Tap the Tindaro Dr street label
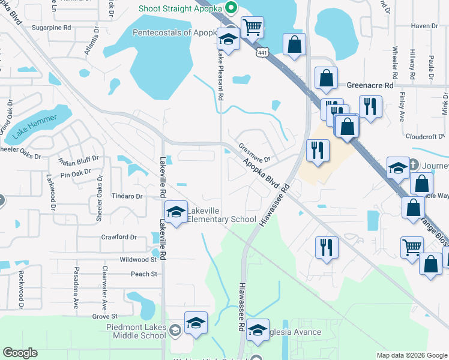127,196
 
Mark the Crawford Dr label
115,237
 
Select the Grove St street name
104,316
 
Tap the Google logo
20,353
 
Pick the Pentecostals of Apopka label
175,32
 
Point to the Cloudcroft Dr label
423,136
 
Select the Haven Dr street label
424,26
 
